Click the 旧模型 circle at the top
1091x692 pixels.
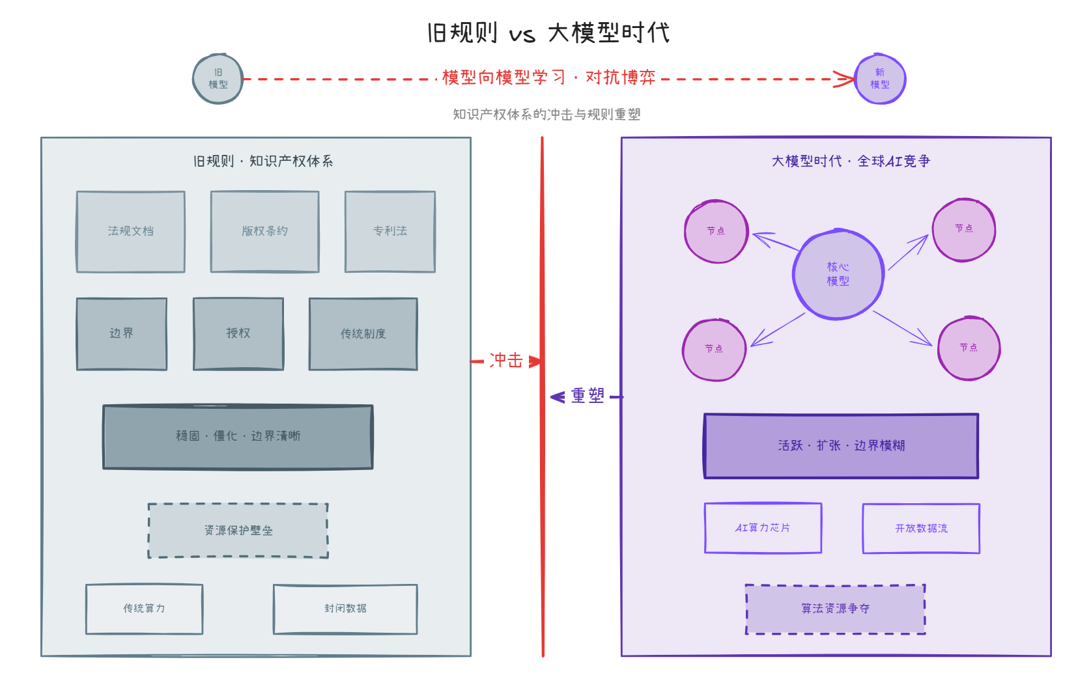(218, 79)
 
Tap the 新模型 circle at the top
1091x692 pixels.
(880, 79)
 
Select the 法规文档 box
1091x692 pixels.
(131, 231)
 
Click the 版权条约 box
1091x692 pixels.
(264, 231)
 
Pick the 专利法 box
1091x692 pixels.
(390, 231)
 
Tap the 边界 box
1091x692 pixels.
(122, 333)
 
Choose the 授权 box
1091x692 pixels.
(238, 333)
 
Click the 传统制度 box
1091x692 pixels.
(363, 334)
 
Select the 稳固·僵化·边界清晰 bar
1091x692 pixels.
(238, 436)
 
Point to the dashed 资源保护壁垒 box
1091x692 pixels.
(238, 530)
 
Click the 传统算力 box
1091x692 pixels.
(144, 609)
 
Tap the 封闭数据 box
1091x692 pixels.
(345, 609)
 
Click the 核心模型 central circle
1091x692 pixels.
(838, 274)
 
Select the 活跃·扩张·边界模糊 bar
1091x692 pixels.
(841, 446)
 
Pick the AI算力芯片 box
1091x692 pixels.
(763, 528)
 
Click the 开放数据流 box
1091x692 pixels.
(921, 529)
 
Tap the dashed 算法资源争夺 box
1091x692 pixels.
(835, 609)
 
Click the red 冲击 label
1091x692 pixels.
(506, 360)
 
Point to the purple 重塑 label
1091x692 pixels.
(588, 396)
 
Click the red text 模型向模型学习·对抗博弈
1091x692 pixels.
(548, 77)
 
